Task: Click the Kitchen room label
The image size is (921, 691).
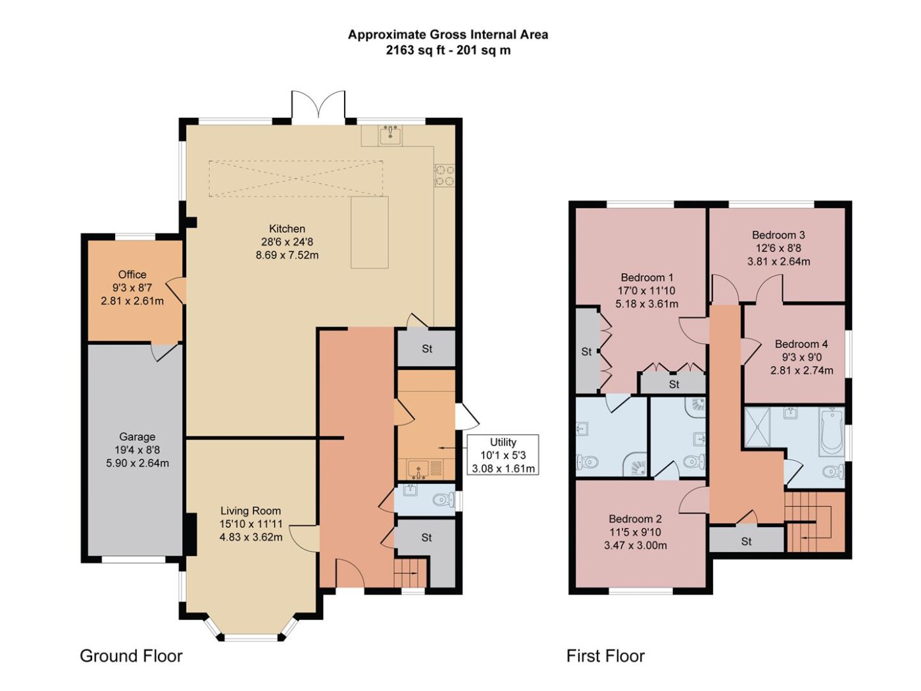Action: pos(287,228)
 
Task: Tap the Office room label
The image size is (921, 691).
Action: pos(132,274)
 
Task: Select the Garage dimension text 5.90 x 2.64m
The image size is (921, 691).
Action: pos(137,463)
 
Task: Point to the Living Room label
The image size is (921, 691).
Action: pos(251,511)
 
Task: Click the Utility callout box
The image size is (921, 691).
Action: pos(503,455)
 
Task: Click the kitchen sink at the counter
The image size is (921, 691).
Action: pos(390,135)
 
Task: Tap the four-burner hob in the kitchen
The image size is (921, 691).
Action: pos(444,175)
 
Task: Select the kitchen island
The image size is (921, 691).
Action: pos(369,232)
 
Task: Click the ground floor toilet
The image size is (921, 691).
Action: pos(444,499)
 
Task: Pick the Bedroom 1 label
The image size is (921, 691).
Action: pos(647,277)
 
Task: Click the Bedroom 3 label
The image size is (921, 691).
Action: pos(778,235)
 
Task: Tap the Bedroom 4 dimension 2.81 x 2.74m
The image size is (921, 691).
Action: pos(801,371)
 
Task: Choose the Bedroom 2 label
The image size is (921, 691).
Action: pos(635,519)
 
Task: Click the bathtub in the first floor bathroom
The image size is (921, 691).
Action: pos(831,432)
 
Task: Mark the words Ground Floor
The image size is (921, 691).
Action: pos(131,655)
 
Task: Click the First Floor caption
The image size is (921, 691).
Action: pos(605,655)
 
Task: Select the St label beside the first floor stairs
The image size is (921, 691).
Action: pos(746,542)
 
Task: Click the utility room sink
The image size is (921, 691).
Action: pos(418,469)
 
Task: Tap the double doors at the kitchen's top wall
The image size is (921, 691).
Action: pos(318,104)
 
